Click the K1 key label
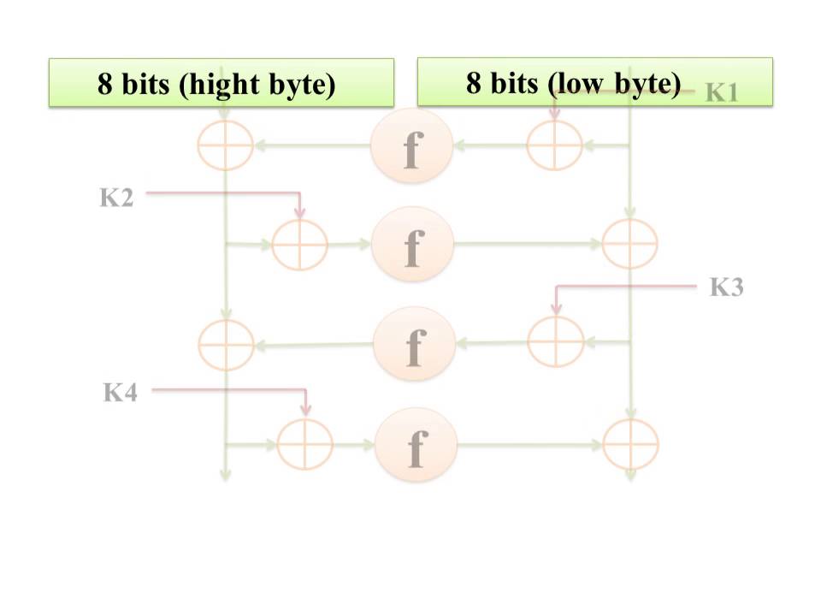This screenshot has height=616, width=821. [x=721, y=93]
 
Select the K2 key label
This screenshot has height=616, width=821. [x=116, y=198]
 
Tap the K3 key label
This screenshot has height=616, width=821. [x=727, y=287]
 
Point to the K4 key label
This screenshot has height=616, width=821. [x=121, y=393]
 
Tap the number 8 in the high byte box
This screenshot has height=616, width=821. [x=104, y=85]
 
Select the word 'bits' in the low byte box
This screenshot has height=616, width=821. [x=513, y=83]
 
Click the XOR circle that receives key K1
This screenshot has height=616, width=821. [x=554, y=145]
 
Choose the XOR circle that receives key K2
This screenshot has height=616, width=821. [x=299, y=244]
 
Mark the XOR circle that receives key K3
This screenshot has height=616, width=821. [x=555, y=341]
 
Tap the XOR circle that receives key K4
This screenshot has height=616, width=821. [x=305, y=444]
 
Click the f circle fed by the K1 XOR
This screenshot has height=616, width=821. [x=411, y=146]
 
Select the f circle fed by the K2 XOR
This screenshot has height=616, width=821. [x=411, y=245]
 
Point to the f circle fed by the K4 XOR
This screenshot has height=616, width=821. [x=416, y=444]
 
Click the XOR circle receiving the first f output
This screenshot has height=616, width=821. [x=225, y=145]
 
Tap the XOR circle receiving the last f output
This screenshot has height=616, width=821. [x=630, y=445]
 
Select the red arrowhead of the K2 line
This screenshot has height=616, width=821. [x=299, y=211]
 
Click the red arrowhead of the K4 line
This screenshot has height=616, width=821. [x=305, y=412]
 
